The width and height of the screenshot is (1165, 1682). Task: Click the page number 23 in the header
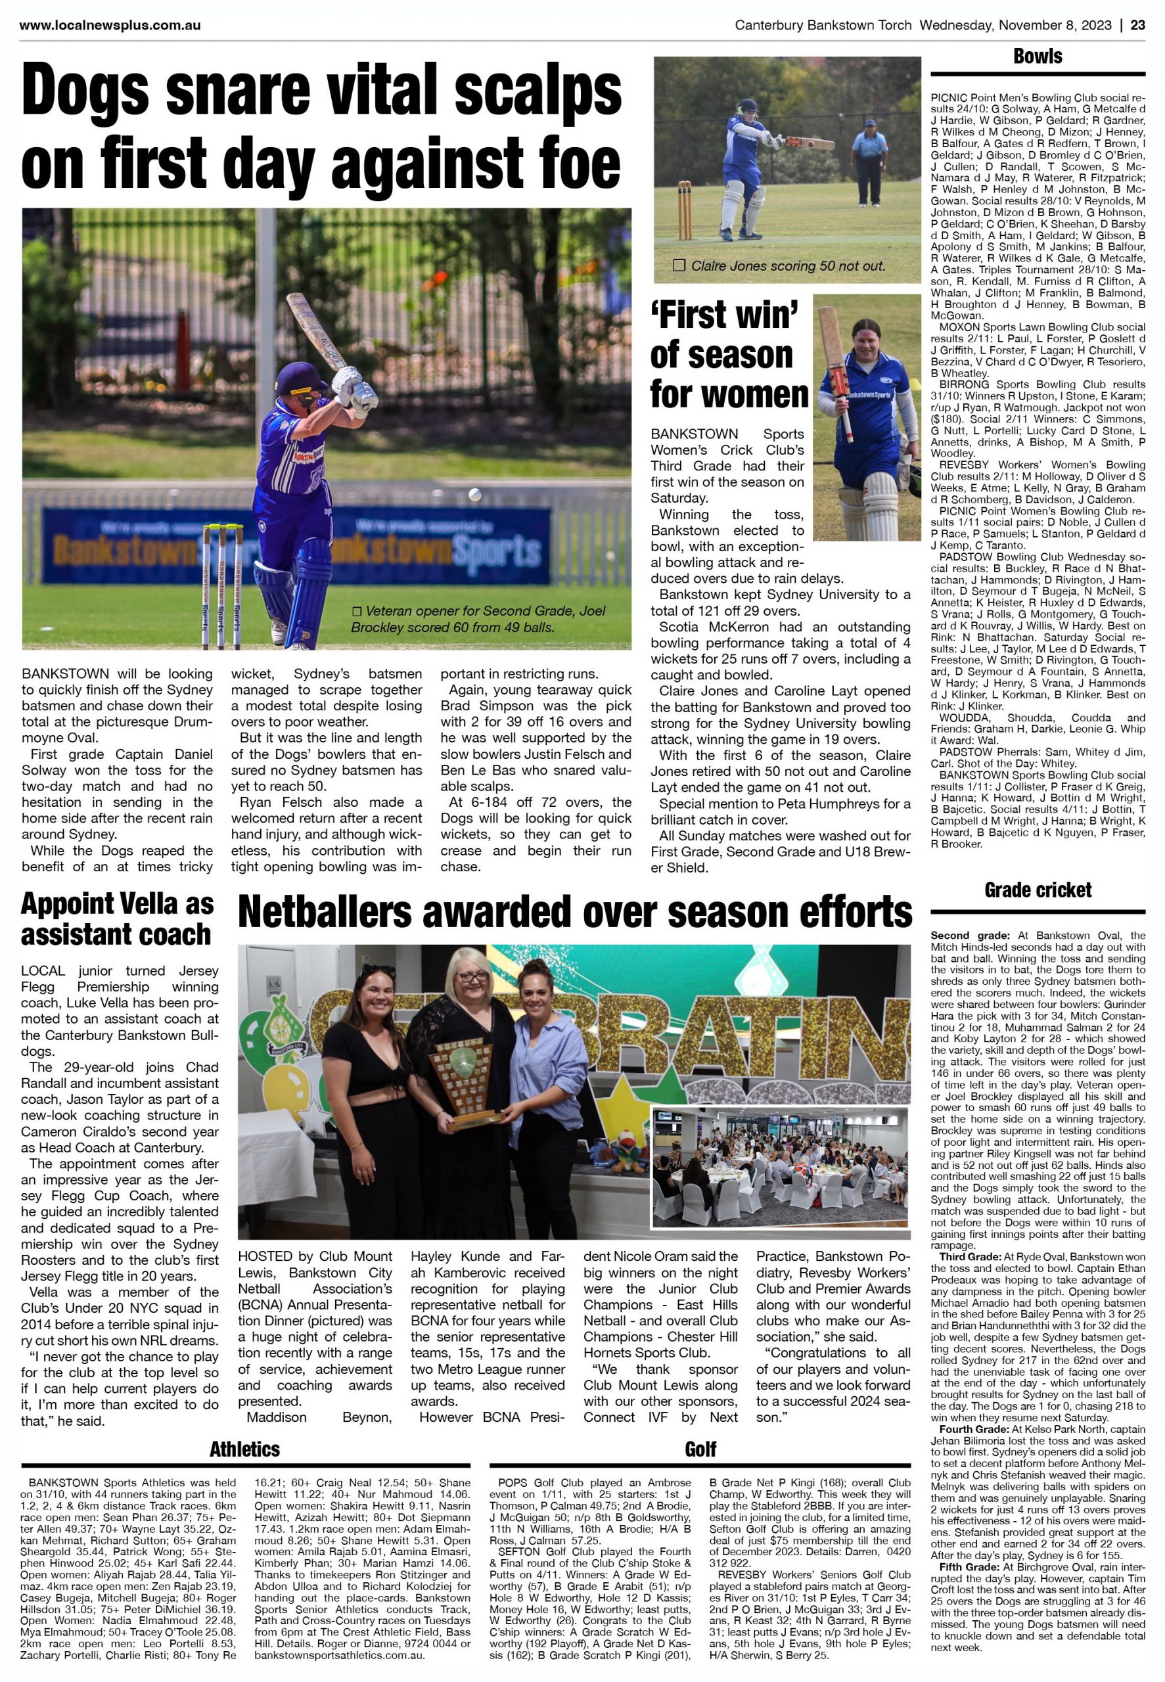tap(1137, 26)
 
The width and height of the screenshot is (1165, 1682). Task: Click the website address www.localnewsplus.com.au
tap(110, 26)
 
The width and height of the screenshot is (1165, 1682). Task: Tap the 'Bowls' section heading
tap(1038, 57)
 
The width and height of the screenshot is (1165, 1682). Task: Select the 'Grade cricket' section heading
tap(1038, 890)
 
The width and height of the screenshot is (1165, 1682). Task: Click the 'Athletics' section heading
tap(244, 1449)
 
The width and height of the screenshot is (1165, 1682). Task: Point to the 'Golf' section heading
tap(700, 1449)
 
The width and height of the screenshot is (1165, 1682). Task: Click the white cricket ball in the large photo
tap(475, 495)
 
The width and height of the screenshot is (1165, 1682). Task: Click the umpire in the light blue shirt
tap(868, 160)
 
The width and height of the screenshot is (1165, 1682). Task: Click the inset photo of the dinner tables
tap(781, 1167)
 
